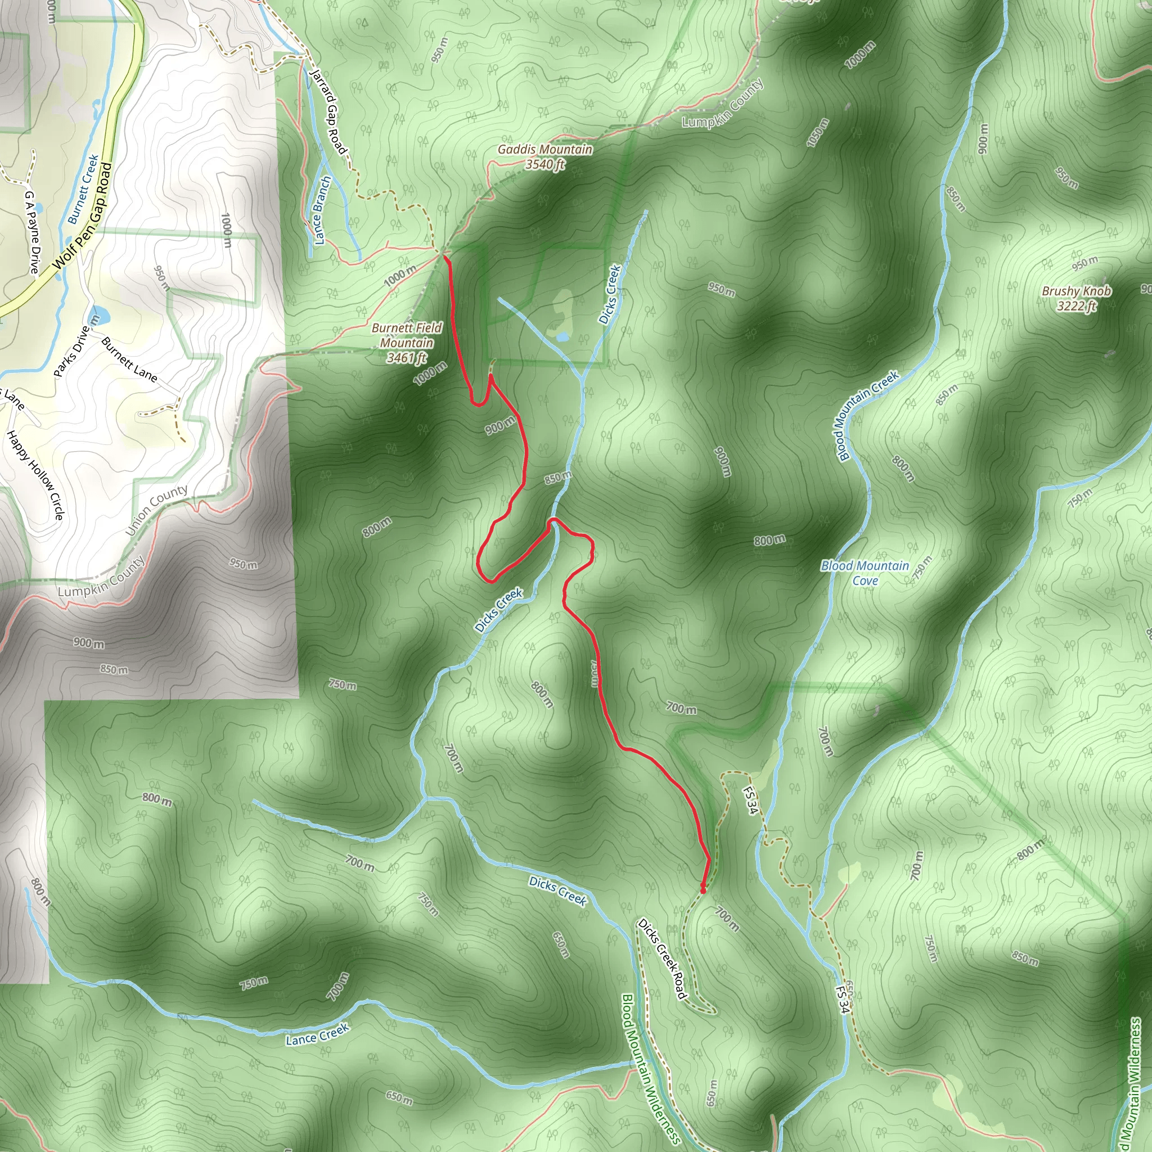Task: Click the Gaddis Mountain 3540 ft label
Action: [x=545, y=157]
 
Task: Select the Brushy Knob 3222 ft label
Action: [x=1076, y=298]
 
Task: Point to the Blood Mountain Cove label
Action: [x=865, y=573]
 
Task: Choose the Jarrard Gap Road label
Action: [x=328, y=111]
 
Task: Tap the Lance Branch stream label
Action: [x=322, y=210]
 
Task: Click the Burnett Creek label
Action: [x=83, y=189]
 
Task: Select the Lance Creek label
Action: [x=317, y=1035]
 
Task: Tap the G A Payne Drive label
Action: [x=31, y=232]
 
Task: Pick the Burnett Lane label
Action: [x=129, y=359]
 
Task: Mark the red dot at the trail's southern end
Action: [x=703, y=891]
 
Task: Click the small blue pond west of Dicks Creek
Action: [x=562, y=337]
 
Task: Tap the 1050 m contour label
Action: [x=817, y=133]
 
